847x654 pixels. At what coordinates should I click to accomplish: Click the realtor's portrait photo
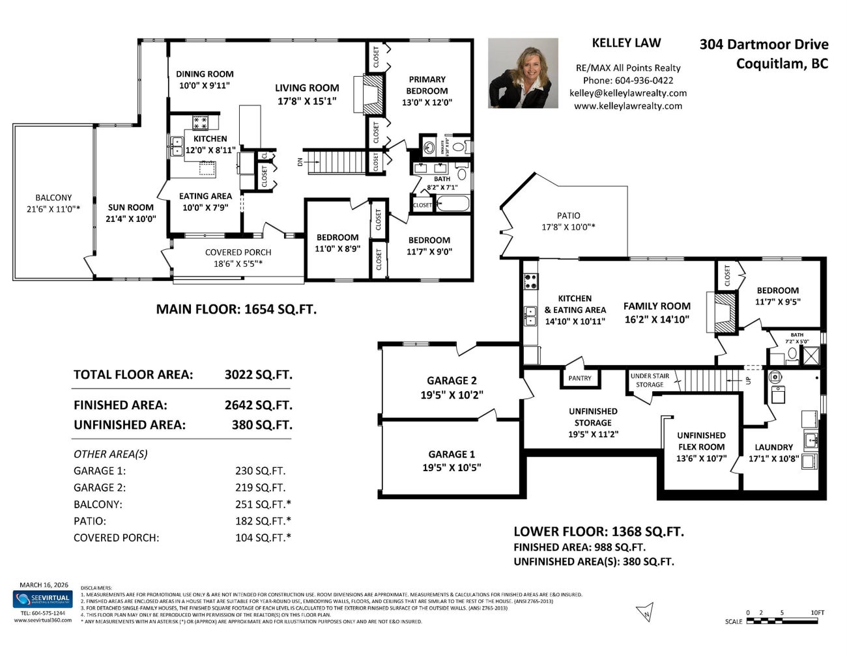523,73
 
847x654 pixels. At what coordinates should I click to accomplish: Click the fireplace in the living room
372,94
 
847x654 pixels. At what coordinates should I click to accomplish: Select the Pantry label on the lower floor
580,378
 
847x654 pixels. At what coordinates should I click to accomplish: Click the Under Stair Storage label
650,380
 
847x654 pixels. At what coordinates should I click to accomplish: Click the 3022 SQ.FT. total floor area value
258,375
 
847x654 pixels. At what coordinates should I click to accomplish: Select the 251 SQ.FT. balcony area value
263,504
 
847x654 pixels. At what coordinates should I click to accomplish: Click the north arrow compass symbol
644,612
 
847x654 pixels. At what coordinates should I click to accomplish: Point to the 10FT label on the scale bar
817,612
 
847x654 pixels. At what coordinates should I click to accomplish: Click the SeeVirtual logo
43,599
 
